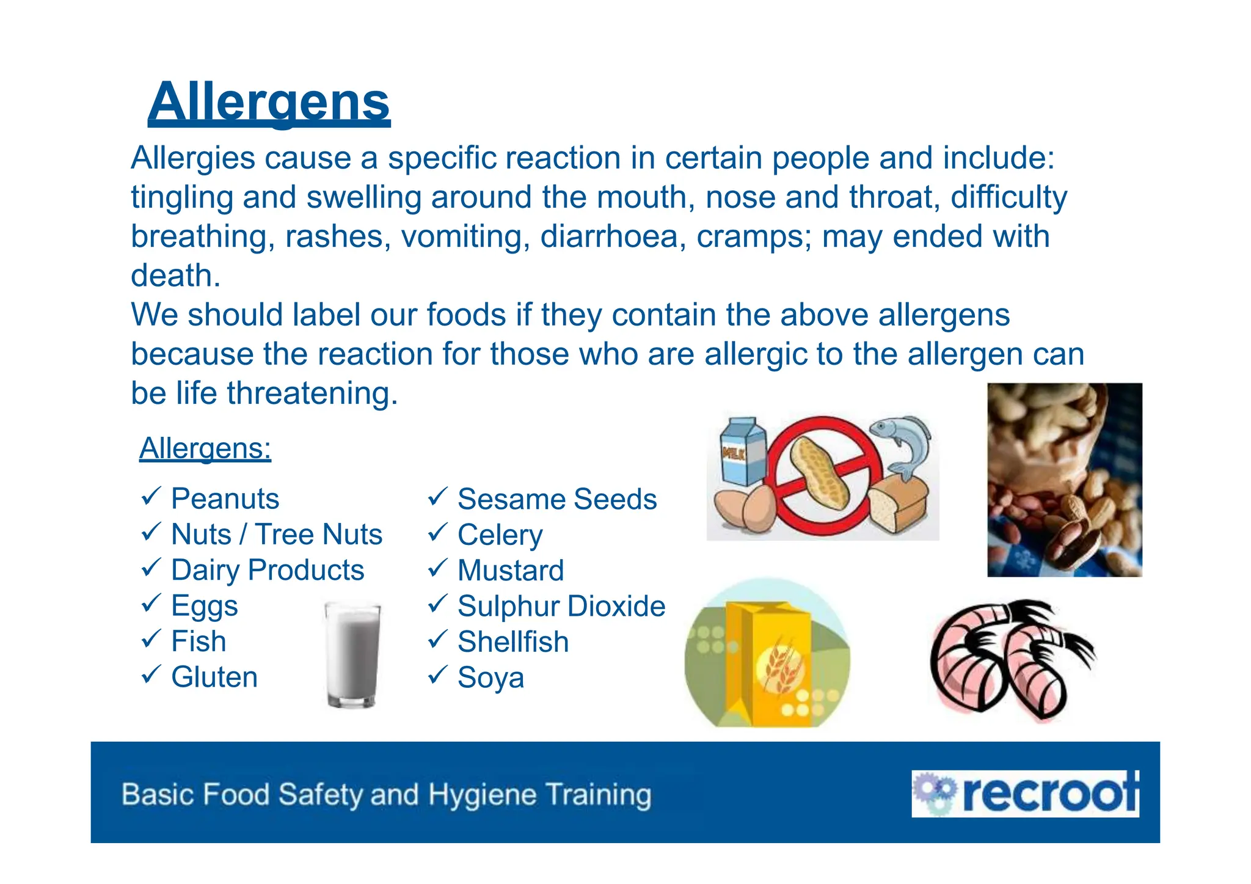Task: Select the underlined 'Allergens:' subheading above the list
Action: click(x=205, y=448)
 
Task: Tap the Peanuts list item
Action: click(x=225, y=499)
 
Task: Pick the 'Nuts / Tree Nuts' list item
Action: click(x=276, y=534)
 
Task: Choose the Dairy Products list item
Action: click(x=268, y=570)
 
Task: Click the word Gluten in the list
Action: click(x=214, y=677)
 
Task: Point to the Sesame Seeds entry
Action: click(x=557, y=499)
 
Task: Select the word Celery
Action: click(x=500, y=535)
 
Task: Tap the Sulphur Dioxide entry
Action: click(x=561, y=606)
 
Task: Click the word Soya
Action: click(x=491, y=678)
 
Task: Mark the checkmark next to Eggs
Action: click(x=151, y=604)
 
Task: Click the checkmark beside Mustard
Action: click(x=437, y=568)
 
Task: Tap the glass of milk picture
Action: click(x=352, y=654)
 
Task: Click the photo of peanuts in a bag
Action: click(x=1064, y=480)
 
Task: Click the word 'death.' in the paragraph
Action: click(x=175, y=276)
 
